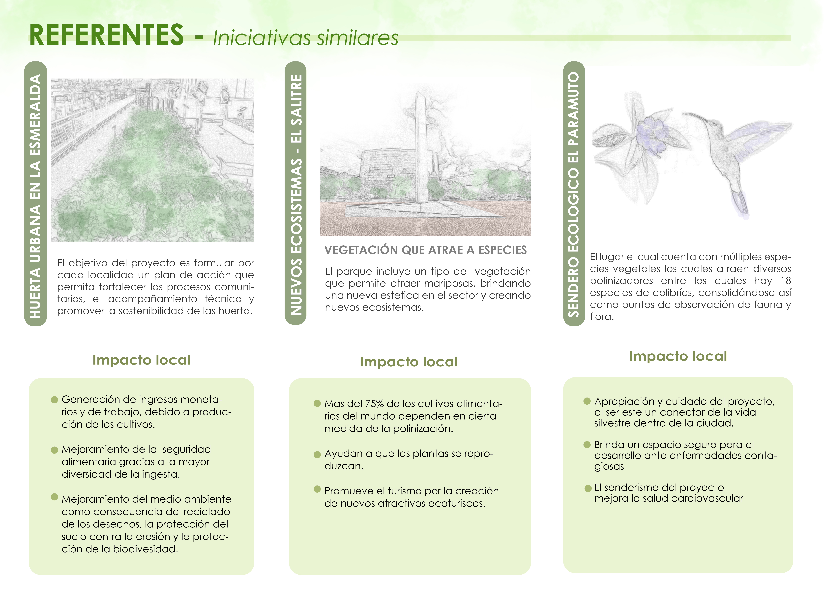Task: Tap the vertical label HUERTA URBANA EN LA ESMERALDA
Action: tap(35, 196)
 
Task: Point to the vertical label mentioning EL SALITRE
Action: tap(296, 194)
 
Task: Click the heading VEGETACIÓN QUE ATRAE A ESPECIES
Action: tap(425, 250)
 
